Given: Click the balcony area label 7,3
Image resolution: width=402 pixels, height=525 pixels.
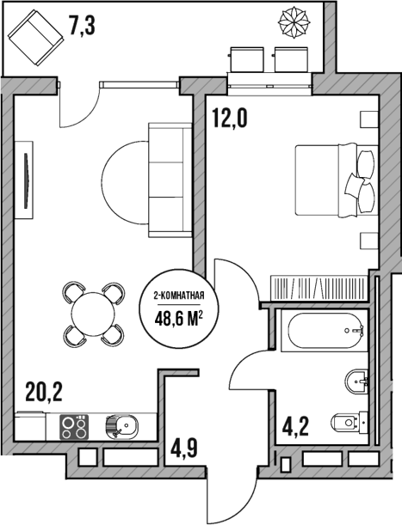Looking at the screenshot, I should [82, 26].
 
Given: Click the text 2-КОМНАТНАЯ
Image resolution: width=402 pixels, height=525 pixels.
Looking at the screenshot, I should [178, 296].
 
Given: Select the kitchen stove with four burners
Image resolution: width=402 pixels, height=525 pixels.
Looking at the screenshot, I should [74, 425].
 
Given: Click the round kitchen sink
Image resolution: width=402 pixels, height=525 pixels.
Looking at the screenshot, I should [121, 424].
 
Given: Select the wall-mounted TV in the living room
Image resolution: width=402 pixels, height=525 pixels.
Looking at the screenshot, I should [29, 180].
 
